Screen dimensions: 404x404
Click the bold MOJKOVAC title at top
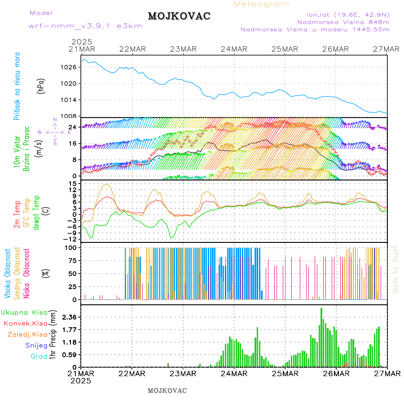tap(179, 16)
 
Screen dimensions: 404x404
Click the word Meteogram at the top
tap(261, 4)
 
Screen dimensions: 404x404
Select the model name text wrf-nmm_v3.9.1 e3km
tap(85, 26)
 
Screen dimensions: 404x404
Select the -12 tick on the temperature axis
tap(71, 239)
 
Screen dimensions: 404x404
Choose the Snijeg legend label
tap(36, 346)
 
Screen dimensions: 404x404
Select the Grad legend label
tap(39, 357)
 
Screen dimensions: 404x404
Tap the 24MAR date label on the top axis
tap(234, 49)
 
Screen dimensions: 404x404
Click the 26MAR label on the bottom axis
tap(335, 373)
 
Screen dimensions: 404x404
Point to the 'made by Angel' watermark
tap(395, 269)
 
